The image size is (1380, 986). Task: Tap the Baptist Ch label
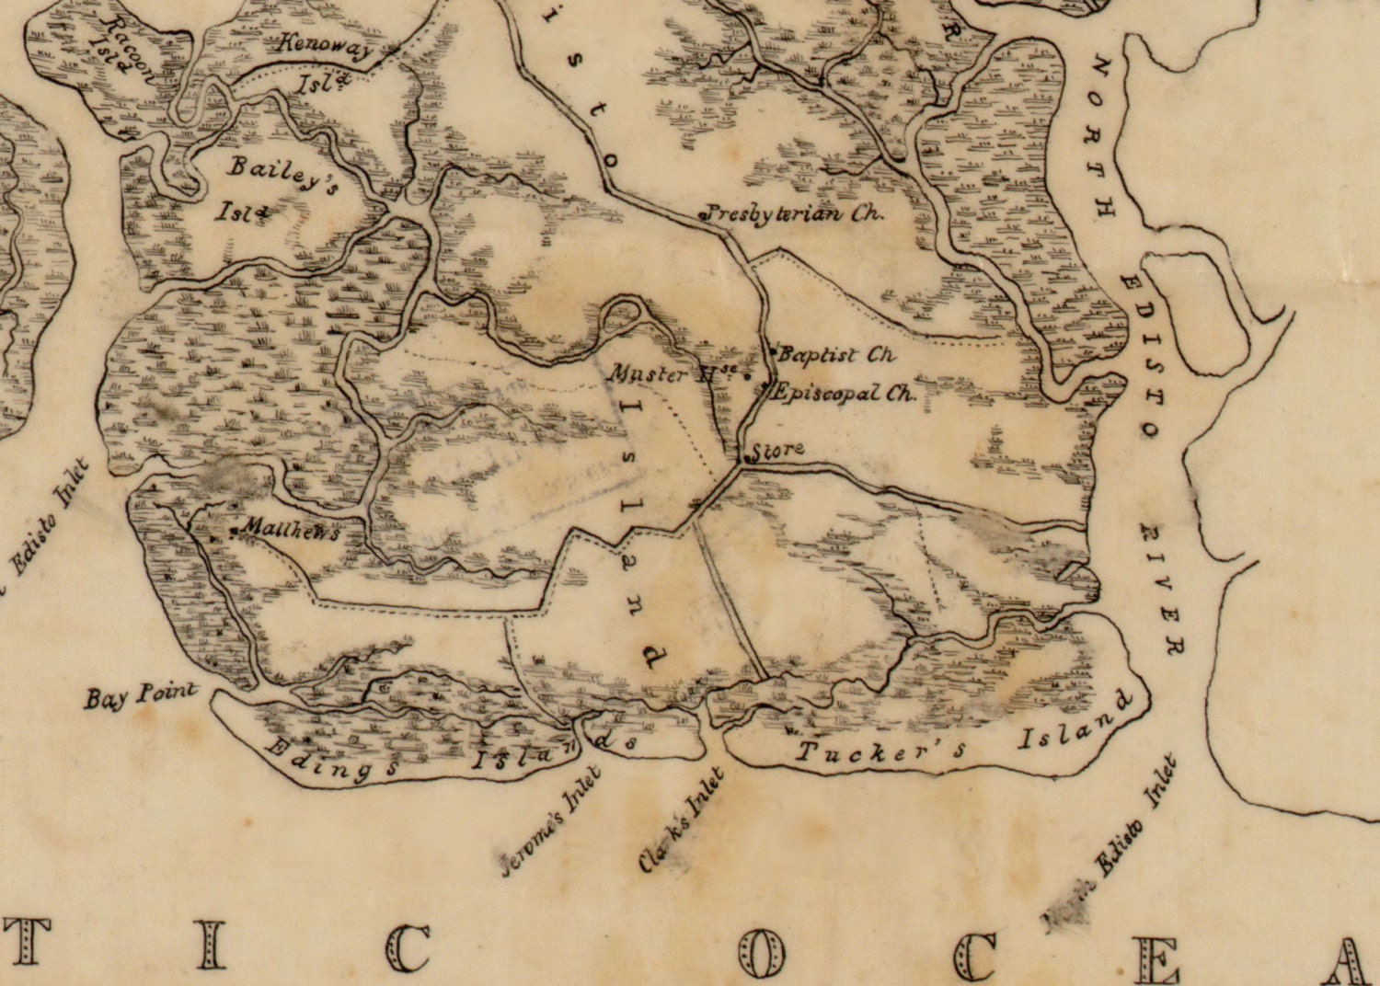836,354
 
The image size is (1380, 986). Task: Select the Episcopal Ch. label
845,394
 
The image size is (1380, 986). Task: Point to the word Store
778,451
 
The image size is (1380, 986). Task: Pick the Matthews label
289,531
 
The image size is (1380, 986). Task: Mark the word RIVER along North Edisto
1161,589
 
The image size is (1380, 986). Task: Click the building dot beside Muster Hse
747,375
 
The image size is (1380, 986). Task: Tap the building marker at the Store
744,456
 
